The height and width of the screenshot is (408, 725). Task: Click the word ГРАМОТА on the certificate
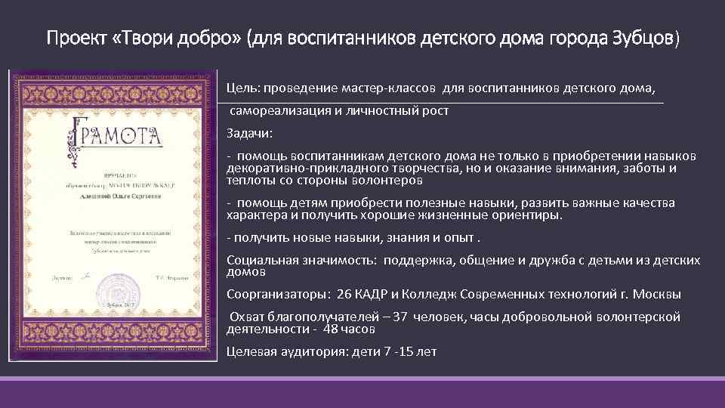(119, 137)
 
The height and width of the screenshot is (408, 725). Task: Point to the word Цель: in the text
(242, 88)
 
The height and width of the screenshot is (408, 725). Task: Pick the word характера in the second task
(254, 215)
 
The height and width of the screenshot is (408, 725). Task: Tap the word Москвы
(656, 294)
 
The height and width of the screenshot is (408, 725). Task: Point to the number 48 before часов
(330, 329)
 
